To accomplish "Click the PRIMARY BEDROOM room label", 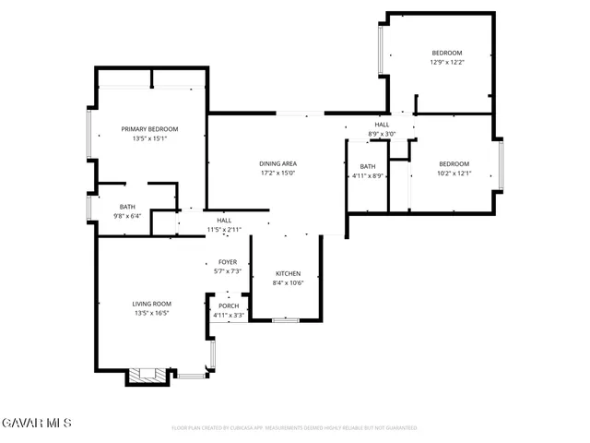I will tap(149, 129).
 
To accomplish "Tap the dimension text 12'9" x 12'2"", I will tap(446, 63).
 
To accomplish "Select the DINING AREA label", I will tap(277, 163).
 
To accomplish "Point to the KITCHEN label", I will tap(289, 274).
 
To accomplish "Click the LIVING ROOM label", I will tap(149, 304).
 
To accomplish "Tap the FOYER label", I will tap(228, 262).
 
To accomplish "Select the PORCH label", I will tap(229, 306).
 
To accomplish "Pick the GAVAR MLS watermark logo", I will tap(36, 423).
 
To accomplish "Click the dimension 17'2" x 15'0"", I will tap(277, 173).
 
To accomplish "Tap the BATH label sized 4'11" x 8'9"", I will tap(368, 166).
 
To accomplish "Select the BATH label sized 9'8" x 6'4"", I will tap(127, 207).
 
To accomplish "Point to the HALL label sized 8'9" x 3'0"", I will tap(382, 125).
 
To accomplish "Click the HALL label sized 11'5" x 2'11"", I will tap(224, 221).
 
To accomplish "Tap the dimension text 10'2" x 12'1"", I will tap(454, 173).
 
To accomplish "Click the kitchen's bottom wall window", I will tap(286, 319).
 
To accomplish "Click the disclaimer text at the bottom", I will tap(295, 428).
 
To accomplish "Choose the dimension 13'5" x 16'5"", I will tap(149, 313).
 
